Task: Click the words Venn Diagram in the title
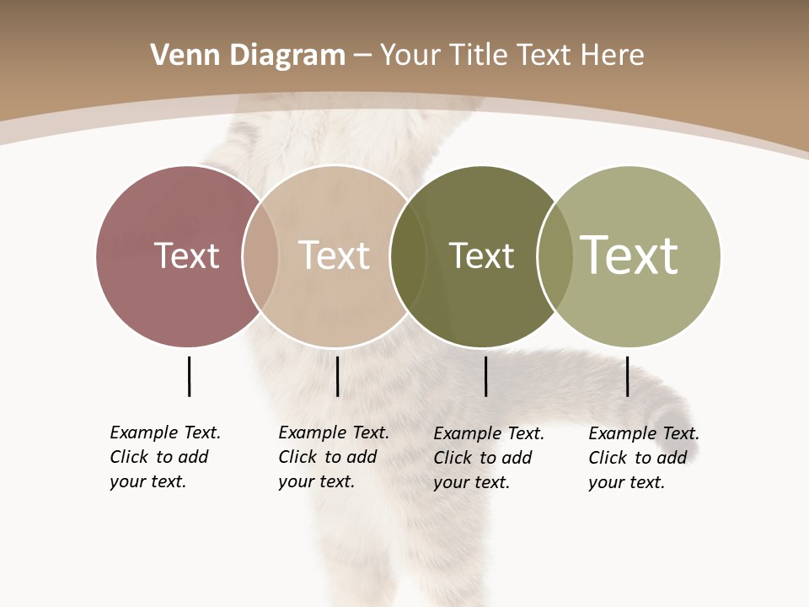pyautogui.click(x=248, y=56)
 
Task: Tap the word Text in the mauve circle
pyautogui.click(x=186, y=255)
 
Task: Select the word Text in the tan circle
pyautogui.click(x=334, y=255)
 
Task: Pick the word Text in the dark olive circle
pyautogui.click(x=481, y=255)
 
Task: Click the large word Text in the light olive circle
pyautogui.click(x=629, y=255)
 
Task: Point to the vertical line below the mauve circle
pyautogui.click(x=189, y=376)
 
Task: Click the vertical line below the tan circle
pyautogui.click(x=337, y=376)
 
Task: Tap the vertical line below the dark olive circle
pyautogui.click(x=485, y=376)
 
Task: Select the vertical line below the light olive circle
pyautogui.click(x=627, y=376)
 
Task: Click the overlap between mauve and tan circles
pyautogui.click(x=260, y=255)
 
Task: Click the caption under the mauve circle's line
pyautogui.click(x=164, y=457)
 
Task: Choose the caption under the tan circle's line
pyautogui.click(x=333, y=457)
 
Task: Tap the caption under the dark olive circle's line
pyautogui.click(x=488, y=458)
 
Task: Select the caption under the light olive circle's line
pyautogui.click(x=643, y=458)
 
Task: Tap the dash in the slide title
pyautogui.click(x=362, y=56)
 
